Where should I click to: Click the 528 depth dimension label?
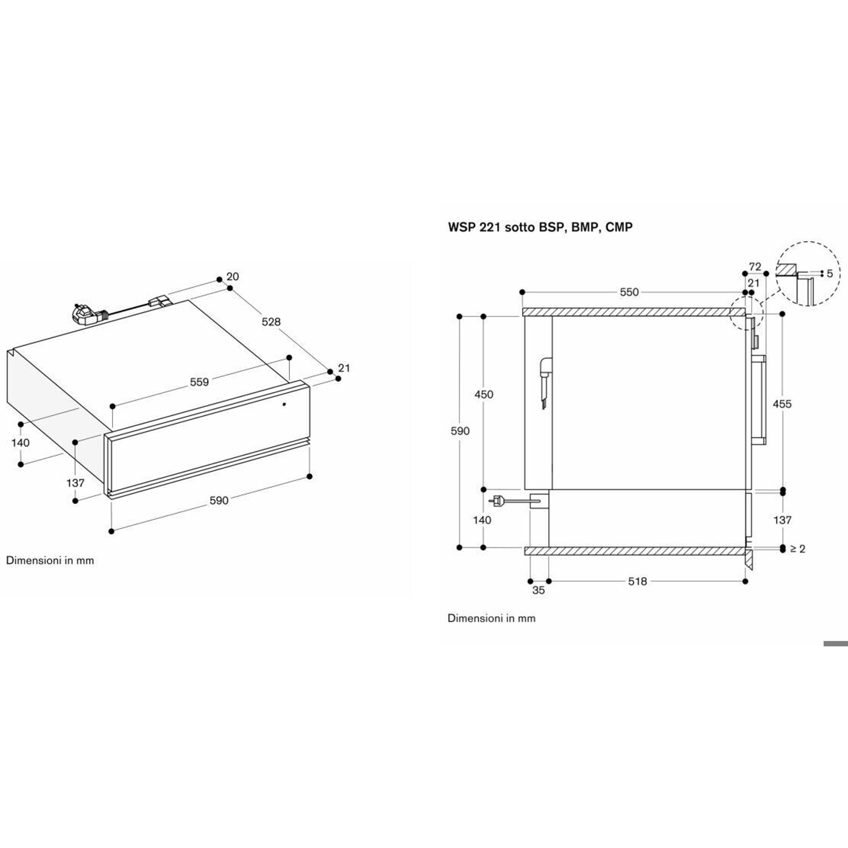271,322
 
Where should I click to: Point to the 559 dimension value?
199,382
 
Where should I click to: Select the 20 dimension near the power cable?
232,277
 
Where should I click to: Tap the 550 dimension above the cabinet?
629,292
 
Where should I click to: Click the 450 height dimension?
484,394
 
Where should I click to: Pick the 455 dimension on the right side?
782,403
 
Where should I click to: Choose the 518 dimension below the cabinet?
637,581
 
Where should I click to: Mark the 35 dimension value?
539,590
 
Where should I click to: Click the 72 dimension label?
755,267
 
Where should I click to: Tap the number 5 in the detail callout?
829,274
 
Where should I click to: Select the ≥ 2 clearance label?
797,549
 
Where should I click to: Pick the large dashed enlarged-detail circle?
809,274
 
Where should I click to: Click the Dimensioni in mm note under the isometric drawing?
50,560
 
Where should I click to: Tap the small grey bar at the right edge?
835,643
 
